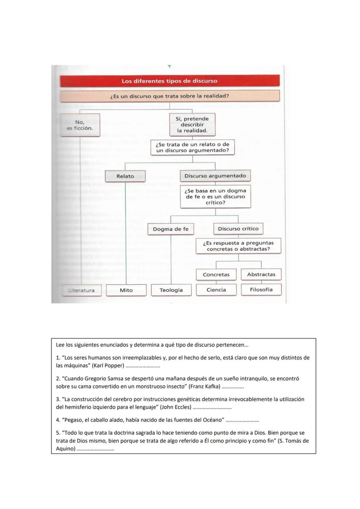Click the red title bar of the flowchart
[x=170, y=81]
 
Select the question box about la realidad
[x=170, y=96]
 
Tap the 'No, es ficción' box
[x=80, y=125]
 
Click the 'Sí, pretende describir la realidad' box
[x=192, y=125]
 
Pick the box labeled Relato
[x=125, y=176]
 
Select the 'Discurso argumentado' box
[x=215, y=176]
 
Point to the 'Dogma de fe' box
[x=170, y=229]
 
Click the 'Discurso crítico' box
[x=238, y=229]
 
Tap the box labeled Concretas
[x=216, y=275]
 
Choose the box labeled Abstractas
[x=261, y=274]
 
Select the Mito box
[x=126, y=290]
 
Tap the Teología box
[x=171, y=290]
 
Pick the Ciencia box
[x=216, y=290]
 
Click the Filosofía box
[x=261, y=289]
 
